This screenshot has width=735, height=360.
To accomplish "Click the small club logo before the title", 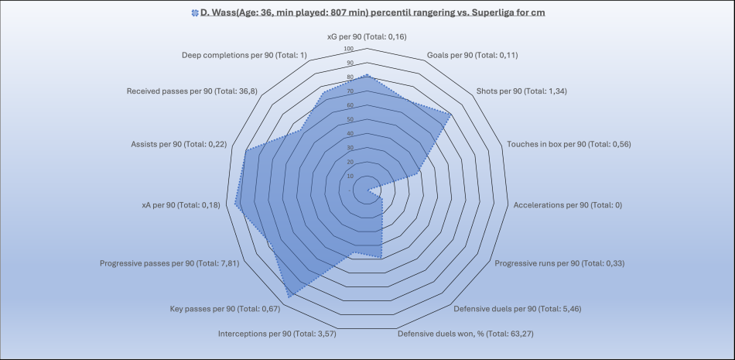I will click(193, 13).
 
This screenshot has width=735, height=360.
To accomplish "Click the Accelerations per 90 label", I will click(568, 205).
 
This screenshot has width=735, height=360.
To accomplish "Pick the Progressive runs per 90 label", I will click(559, 263).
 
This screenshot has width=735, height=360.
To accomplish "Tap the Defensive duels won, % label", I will click(466, 334).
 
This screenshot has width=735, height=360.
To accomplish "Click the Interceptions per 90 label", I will click(278, 334).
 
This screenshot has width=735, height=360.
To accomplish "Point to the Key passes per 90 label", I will click(224, 309).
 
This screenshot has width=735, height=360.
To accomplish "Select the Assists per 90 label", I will click(179, 144).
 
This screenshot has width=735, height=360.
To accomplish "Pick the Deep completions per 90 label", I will click(244, 55).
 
